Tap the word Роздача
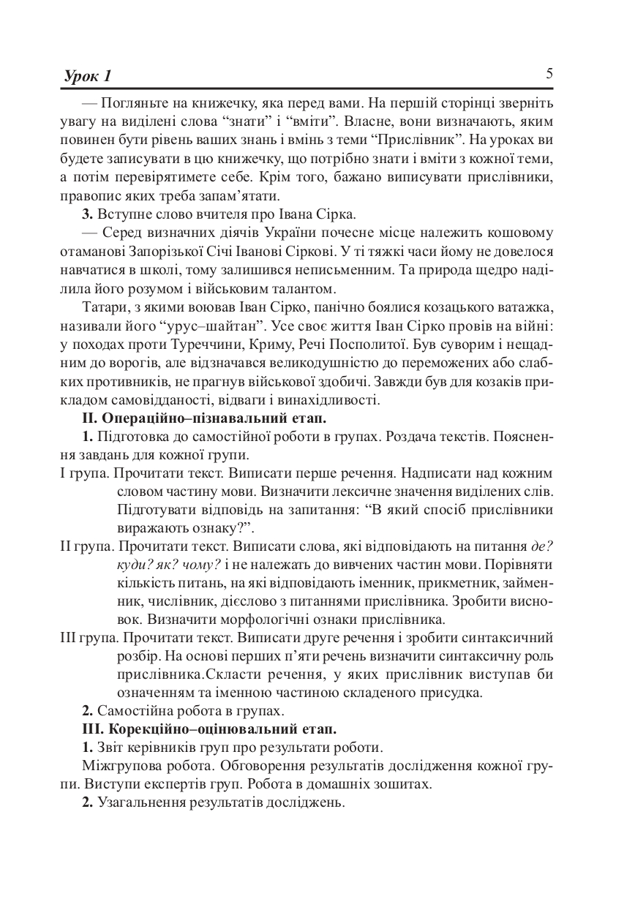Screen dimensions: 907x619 tap(410, 437)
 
